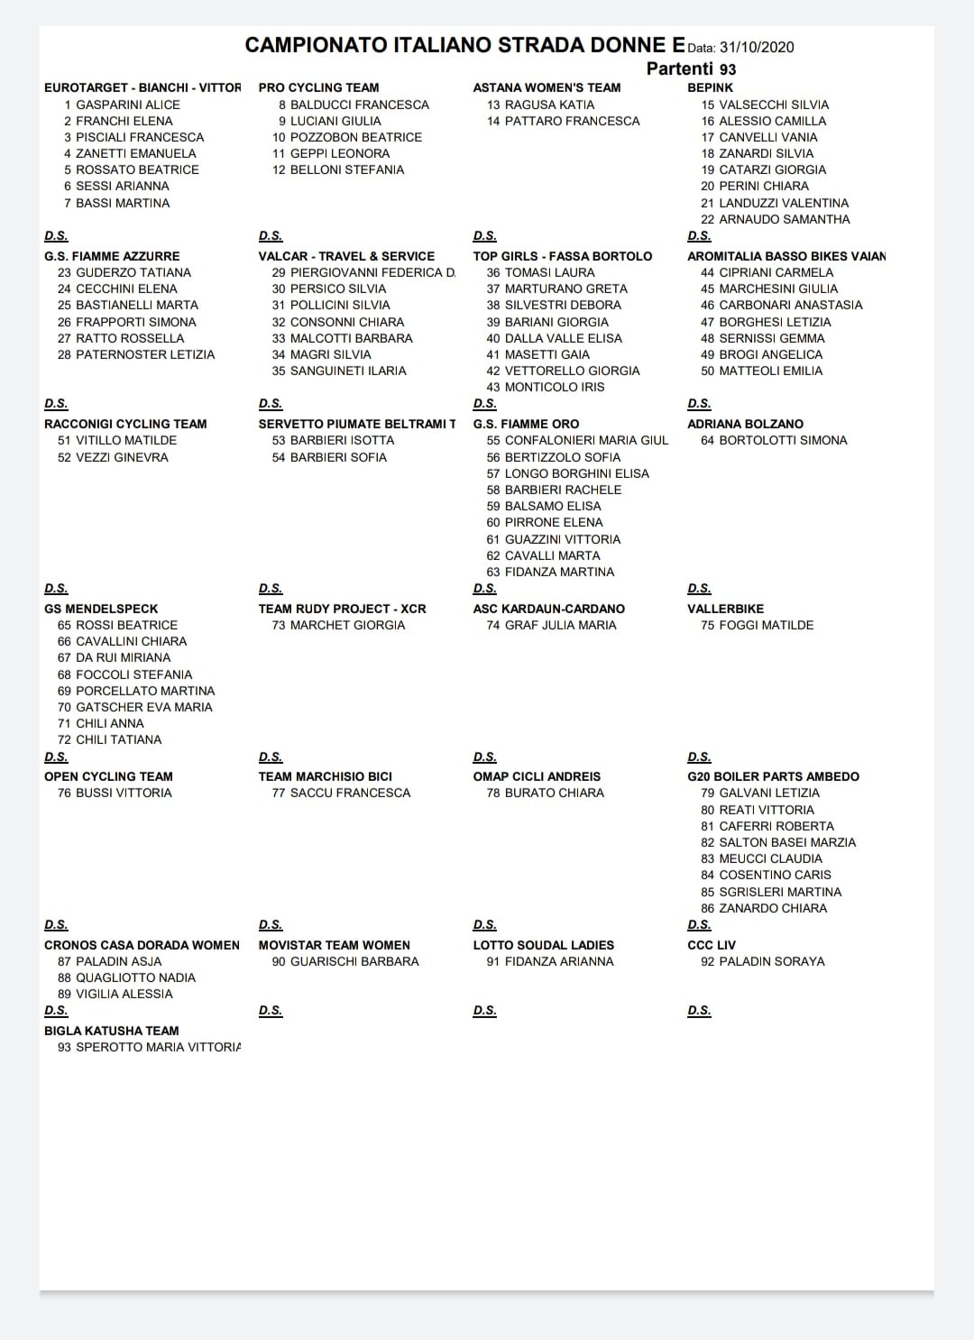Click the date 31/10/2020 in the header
[x=757, y=48]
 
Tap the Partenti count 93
[x=727, y=69]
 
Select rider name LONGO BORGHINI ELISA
[x=576, y=473]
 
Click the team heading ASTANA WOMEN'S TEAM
[x=547, y=87]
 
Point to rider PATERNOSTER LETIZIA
[x=145, y=354]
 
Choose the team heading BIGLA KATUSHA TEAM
[x=112, y=1031]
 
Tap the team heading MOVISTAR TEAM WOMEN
[x=334, y=945]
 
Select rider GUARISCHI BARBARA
[x=354, y=961]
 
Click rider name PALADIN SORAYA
[x=771, y=961]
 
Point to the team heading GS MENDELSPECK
[x=101, y=609]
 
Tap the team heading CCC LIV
[x=712, y=945]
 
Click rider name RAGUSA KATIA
[x=549, y=105]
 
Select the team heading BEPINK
[x=710, y=87]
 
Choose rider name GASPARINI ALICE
[x=128, y=105]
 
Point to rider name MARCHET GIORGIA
[x=347, y=625]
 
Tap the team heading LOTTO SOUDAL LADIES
[x=543, y=945]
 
